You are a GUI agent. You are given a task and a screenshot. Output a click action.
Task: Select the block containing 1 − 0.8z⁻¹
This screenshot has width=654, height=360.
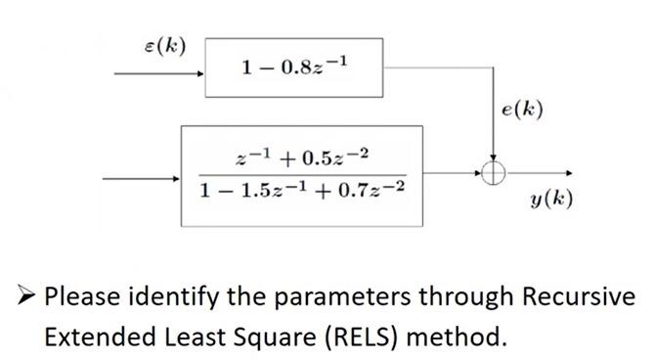[293, 67]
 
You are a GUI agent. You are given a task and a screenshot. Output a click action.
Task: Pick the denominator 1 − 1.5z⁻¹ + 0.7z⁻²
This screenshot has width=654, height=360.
[299, 190]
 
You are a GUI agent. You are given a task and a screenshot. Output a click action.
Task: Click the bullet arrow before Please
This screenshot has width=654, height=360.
[22, 295]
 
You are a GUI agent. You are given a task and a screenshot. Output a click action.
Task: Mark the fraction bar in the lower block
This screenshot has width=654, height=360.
[299, 173]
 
